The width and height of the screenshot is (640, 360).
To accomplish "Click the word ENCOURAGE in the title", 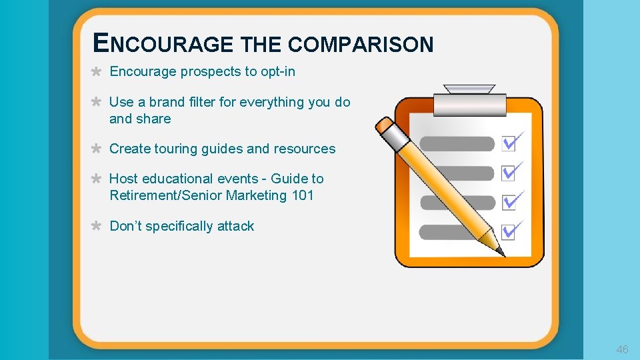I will click(164, 44).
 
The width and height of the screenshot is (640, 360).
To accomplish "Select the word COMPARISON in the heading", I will click(361, 45).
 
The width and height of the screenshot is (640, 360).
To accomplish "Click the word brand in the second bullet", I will click(166, 102).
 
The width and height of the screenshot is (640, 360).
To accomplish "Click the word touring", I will click(179, 149).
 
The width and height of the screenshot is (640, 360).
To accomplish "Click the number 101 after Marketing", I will click(302, 195).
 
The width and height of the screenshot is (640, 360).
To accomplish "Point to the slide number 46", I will click(622, 349).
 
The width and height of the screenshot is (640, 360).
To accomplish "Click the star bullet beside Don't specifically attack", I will click(96, 226).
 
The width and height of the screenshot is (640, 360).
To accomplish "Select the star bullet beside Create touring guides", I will click(96, 149).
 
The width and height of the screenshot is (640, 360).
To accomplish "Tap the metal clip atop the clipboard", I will click(469, 99).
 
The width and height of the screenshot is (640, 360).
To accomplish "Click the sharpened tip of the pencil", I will click(501, 251).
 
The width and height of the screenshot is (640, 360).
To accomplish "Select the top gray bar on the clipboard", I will click(457, 143).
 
